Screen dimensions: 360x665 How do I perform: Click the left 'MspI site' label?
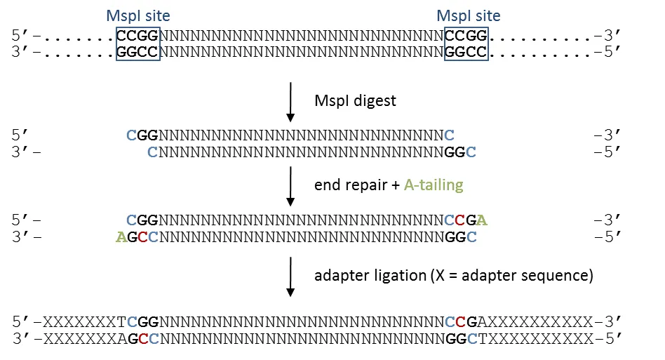coord(137,15)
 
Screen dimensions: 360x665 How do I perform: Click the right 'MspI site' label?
coord(468,15)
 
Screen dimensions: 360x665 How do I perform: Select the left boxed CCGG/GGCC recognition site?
coord(138,44)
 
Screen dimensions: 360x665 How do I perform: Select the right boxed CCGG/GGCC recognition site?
coord(466,44)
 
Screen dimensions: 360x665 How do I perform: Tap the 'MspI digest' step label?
coord(355,100)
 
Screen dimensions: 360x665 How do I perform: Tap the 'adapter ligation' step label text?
coord(369,275)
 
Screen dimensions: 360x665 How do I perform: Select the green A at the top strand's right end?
coord(482,220)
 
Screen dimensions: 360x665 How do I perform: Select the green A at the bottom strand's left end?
coord(121,237)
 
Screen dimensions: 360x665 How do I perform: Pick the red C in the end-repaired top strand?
coord(460,220)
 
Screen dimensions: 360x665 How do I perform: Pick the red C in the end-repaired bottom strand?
coord(142,237)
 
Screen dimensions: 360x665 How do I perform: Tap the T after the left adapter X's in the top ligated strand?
coord(121,322)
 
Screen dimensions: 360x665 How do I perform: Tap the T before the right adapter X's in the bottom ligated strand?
coord(482,339)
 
